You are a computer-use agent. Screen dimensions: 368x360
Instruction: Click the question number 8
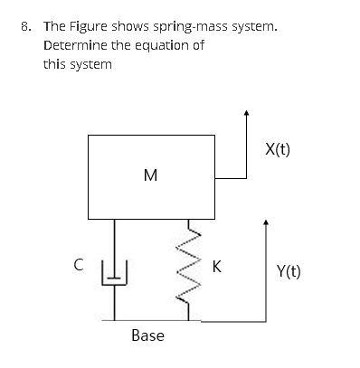point(25,27)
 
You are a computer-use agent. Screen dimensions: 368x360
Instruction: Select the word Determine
point(74,45)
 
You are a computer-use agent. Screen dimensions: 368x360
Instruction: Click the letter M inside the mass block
point(150,175)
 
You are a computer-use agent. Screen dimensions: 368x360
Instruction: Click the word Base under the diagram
point(147,335)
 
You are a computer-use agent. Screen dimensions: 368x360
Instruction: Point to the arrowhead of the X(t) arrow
point(247,114)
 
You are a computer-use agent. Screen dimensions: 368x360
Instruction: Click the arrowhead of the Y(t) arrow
point(265,221)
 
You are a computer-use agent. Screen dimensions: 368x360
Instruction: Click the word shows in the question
point(133,27)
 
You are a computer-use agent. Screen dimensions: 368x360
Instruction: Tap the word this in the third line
point(56,63)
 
